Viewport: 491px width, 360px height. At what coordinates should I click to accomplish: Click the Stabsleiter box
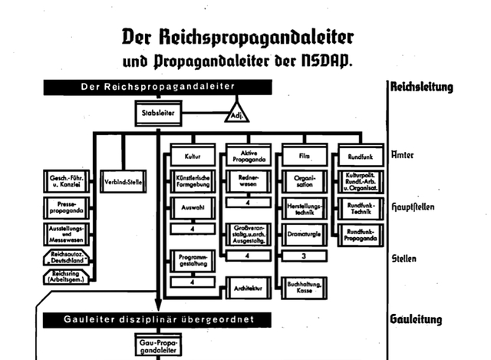click(x=160, y=114)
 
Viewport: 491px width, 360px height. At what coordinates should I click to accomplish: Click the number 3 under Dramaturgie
click(x=304, y=256)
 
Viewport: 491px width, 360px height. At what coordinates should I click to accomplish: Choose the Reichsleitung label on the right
click(x=422, y=86)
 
